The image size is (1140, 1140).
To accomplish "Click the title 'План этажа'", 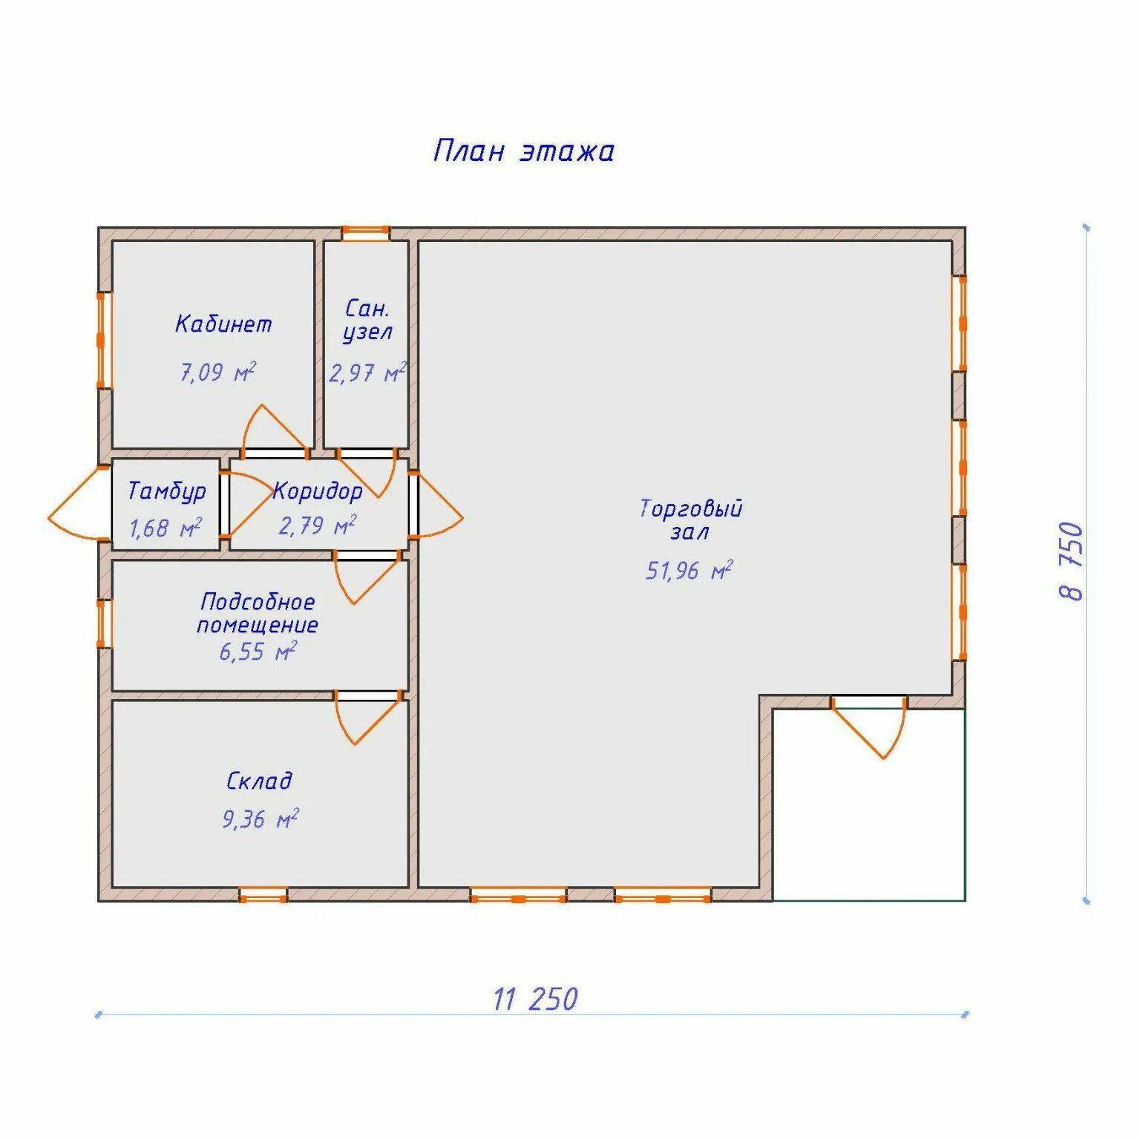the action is click(x=524, y=151).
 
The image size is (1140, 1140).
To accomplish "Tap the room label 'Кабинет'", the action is click(x=223, y=324).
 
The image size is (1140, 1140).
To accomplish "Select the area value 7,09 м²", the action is click(x=218, y=371).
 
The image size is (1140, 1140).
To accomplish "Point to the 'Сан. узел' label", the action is click(x=367, y=320).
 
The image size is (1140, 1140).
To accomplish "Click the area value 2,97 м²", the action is click(x=367, y=373).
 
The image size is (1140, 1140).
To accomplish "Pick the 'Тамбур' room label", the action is click(x=167, y=491).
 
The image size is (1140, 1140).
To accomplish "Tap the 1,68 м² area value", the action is click(x=166, y=528).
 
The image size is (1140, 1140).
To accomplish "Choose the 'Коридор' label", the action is click(x=318, y=491).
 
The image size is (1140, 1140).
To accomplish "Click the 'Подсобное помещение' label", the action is click(x=258, y=613).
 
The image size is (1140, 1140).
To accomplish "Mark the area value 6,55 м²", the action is click(x=258, y=651).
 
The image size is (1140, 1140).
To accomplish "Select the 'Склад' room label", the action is click(x=259, y=781).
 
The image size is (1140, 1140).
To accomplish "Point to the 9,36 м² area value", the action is click(x=261, y=819).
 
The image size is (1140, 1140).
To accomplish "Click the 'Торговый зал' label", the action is click(x=691, y=520).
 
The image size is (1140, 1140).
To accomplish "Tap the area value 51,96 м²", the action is click(x=689, y=570).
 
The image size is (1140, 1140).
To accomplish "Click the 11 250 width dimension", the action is click(x=535, y=999).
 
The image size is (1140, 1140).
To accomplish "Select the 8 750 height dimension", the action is click(x=1072, y=561).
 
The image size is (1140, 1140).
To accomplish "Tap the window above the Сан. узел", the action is click(x=365, y=233).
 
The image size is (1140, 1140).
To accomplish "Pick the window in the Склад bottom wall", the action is click(x=263, y=894).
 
